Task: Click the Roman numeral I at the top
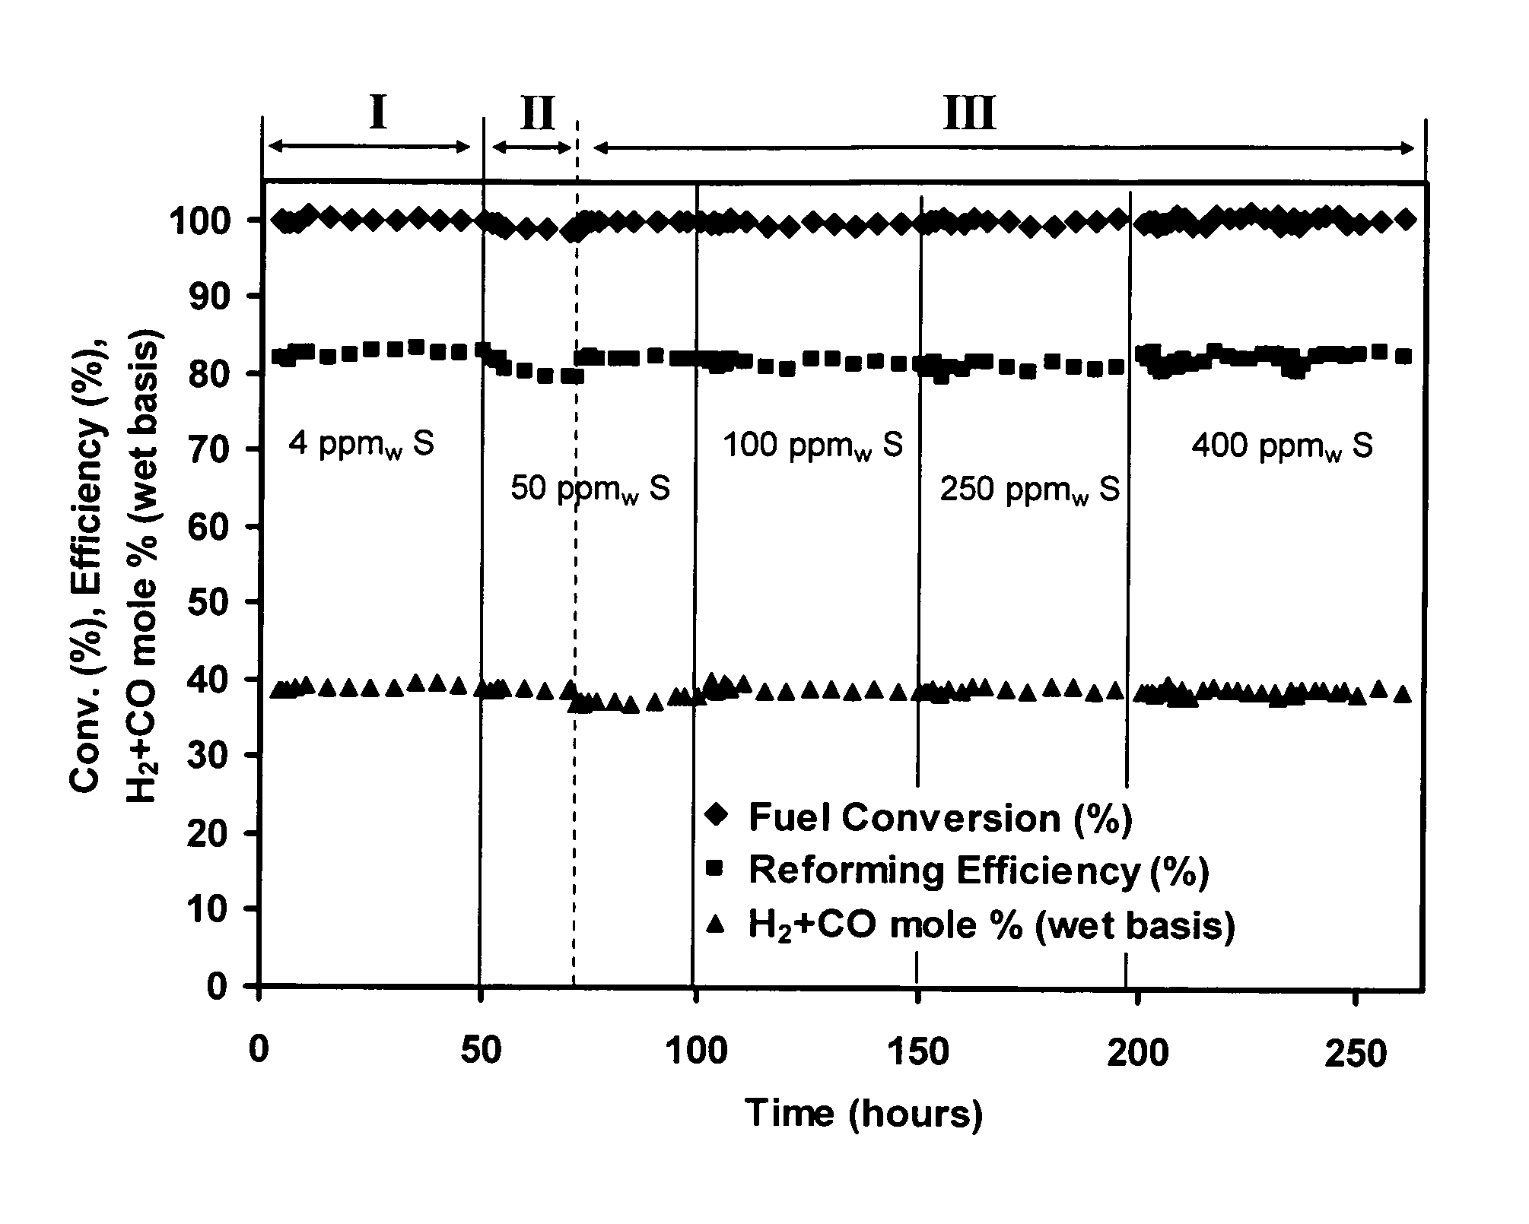(378, 113)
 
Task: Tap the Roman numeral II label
(537, 114)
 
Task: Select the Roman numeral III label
(969, 115)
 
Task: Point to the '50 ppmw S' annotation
(590, 488)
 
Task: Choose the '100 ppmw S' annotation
(812, 445)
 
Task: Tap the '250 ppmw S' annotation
(1030, 490)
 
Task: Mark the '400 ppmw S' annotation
(1282, 445)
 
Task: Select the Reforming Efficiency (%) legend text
(978, 870)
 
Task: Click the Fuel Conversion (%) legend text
(940, 817)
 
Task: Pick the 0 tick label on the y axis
(218, 987)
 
